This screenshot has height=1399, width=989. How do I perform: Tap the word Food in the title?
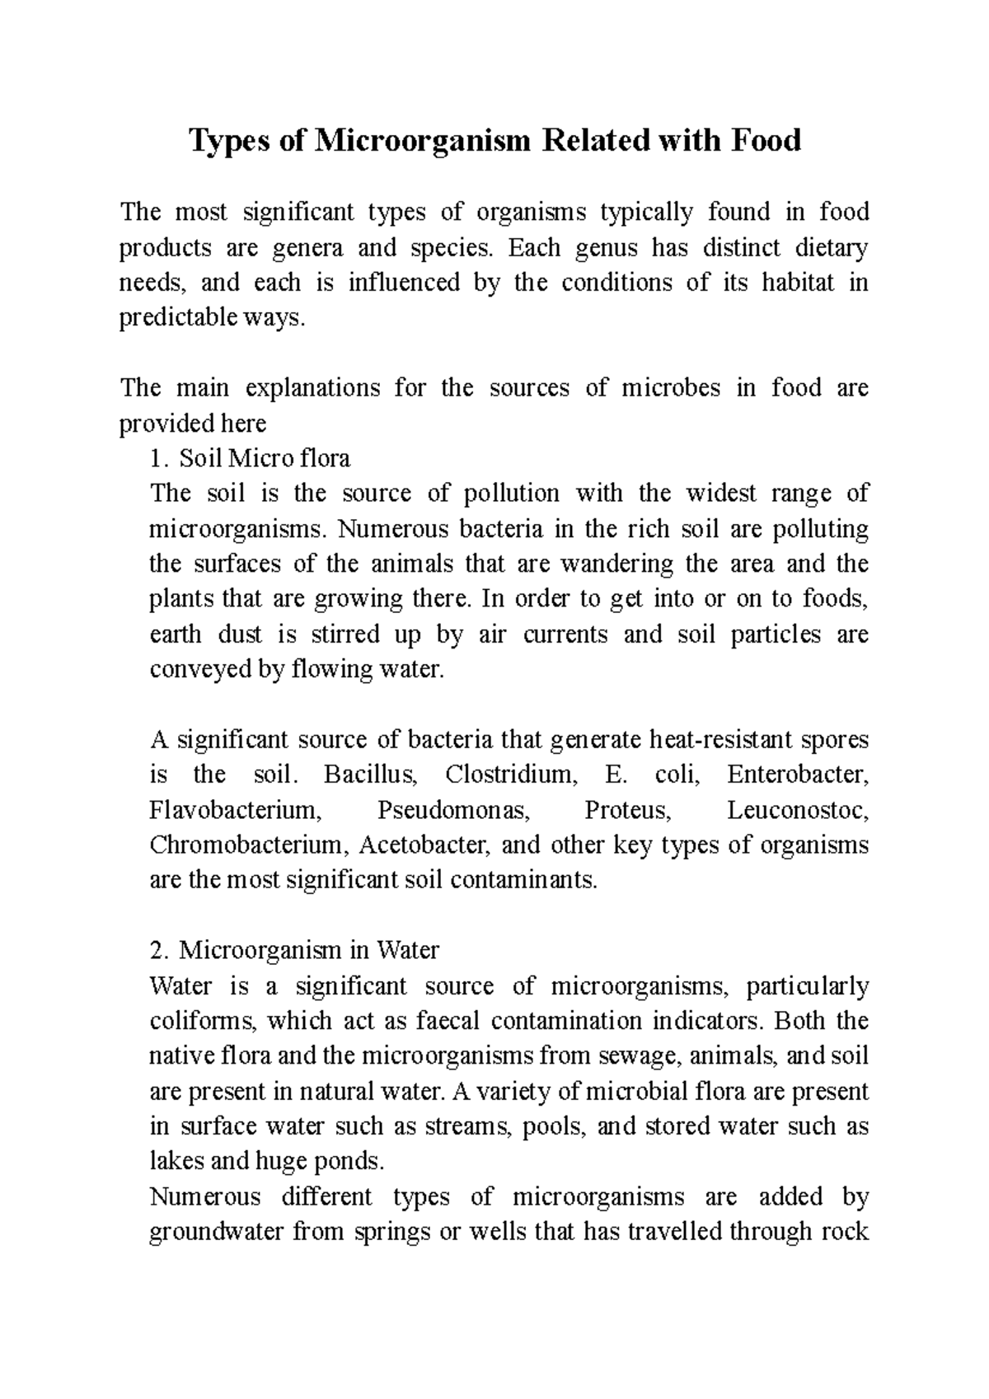coord(765,141)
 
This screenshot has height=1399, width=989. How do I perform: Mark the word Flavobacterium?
coord(235,811)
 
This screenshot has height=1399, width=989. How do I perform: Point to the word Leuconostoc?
coord(798,811)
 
